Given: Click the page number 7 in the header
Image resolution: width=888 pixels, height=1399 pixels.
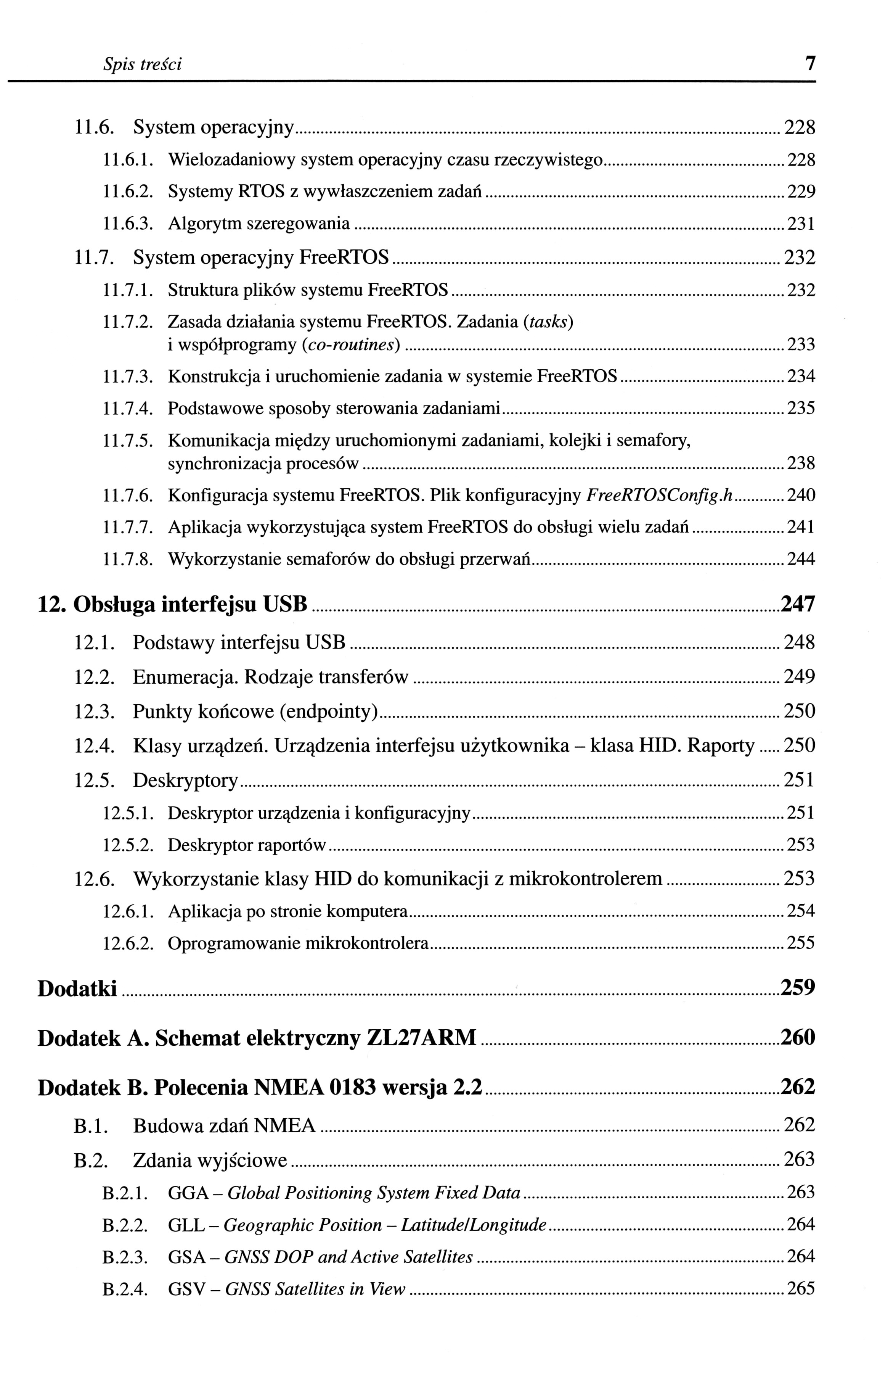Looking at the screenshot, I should click(809, 62).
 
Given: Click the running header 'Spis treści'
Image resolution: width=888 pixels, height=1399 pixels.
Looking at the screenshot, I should click(142, 64).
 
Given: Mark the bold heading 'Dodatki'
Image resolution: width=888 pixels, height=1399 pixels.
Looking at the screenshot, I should click(77, 988).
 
